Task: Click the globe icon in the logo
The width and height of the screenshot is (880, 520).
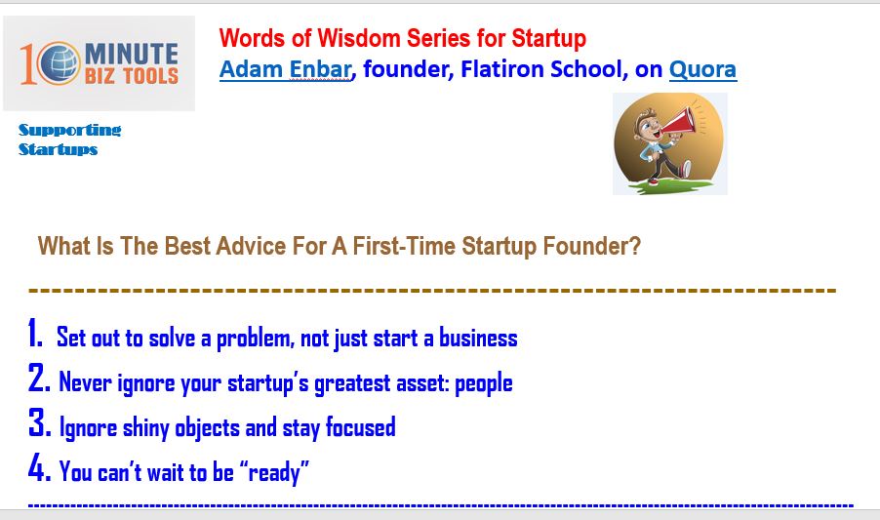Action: coord(60,62)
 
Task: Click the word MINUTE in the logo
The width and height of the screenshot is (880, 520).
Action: coord(132,54)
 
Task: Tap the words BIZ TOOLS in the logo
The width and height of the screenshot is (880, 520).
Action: coord(132,76)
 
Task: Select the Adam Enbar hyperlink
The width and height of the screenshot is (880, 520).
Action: coord(285,69)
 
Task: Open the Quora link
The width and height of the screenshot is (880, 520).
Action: coord(702,69)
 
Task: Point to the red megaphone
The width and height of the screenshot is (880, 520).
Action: coord(677,122)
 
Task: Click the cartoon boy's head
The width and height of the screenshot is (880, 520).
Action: coord(647,125)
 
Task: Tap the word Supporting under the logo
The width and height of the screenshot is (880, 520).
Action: coord(69,131)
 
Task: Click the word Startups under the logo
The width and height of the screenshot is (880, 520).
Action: coord(58,149)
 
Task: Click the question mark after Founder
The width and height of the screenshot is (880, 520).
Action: coord(635,246)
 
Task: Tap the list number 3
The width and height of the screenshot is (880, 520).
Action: coord(39,422)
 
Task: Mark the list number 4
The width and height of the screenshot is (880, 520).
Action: coord(39,467)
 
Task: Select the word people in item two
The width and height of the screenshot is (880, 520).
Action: coord(483,383)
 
